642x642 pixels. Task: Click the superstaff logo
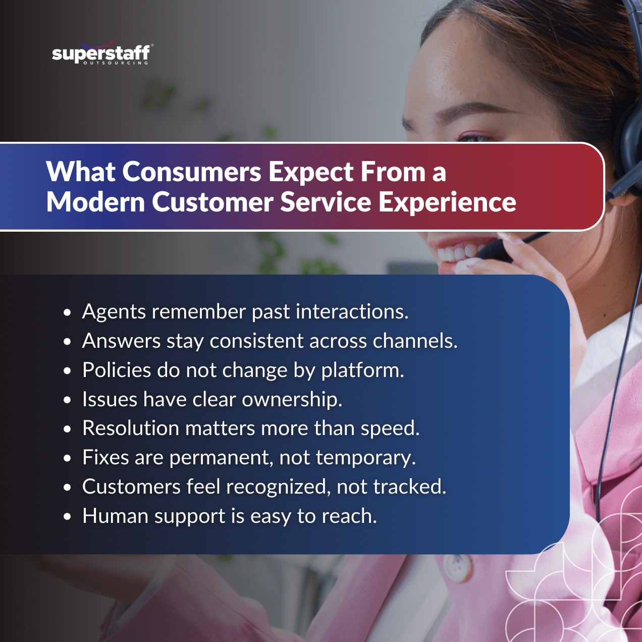point(101,54)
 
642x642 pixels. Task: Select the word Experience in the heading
point(447,203)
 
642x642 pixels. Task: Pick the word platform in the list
point(362,371)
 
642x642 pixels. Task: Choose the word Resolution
point(131,429)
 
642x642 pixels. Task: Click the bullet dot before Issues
point(68,401)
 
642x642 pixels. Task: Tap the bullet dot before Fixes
point(68,459)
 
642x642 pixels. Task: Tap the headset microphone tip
point(492,250)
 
